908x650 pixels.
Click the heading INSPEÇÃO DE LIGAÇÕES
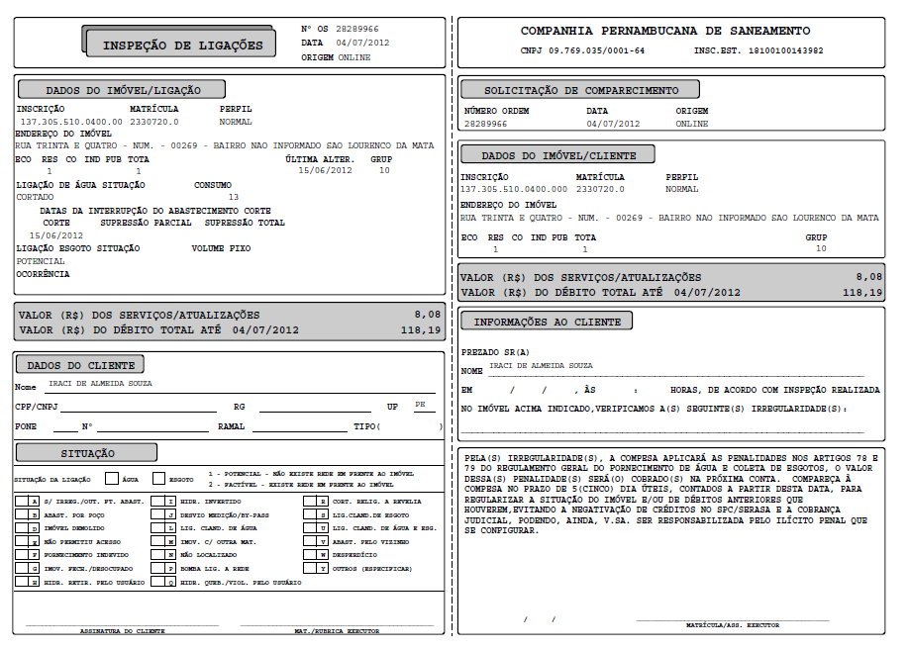pyautogui.click(x=183, y=46)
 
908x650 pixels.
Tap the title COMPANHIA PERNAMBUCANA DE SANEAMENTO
pyautogui.click(x=665, y=32)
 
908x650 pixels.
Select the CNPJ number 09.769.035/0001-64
pyautogui.click(x=597, y=50)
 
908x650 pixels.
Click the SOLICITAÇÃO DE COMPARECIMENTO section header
pyautogui.click(x=581, y=91)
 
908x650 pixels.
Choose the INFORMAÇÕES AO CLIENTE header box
pyautogui.click(x=547, y=323)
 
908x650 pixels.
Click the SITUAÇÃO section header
pyautogui.click(x=88, y=453)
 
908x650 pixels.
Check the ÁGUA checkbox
pyautogui.click(x=112, y=479)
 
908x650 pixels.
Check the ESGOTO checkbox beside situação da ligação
pyautogui.click(x=159, y=479)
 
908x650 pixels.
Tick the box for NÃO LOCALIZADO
pyautogui.click(x=171, y=556)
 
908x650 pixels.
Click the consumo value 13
pyautogui.click(x=234, y=197)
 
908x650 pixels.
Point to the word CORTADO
pyautogui.click(x=36, y=197)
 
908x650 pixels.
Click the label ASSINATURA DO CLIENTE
pyautogui.click(x=123, y=630)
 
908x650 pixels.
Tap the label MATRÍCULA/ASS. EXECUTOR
pyautogui.click(x=732, y=625)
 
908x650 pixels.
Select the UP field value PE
pyautogui.click(x=420, y=405)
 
